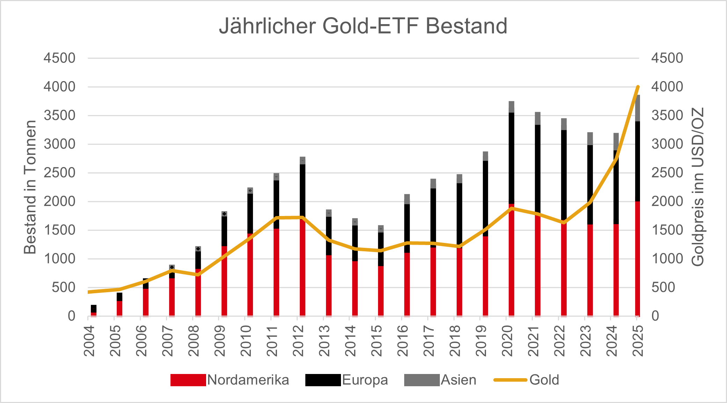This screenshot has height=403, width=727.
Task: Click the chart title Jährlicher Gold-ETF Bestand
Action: coord(363,26)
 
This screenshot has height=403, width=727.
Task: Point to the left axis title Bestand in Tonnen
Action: coord(30,187)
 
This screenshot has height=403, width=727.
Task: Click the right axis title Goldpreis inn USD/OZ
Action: coord(697,187)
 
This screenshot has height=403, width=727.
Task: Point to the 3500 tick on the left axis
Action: coord(59,115)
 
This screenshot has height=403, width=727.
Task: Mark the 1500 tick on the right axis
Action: coord(667,230)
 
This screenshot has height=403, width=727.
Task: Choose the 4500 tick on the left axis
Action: coord(59,58)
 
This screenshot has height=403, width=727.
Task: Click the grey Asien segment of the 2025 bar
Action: coord(638,108)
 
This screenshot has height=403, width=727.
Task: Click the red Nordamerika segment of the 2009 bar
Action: coord(224,283)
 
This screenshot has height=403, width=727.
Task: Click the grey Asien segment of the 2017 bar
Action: coord(433,183)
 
